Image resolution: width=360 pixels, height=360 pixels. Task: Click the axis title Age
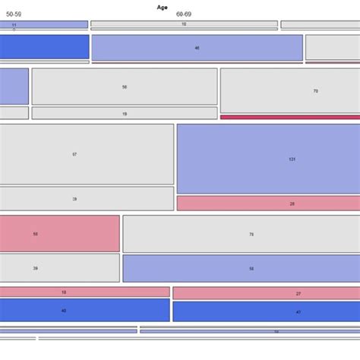pos(163,7)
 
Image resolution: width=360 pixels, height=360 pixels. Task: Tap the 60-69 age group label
pos(185,14)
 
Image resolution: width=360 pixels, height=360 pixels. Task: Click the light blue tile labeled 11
pos(43,25)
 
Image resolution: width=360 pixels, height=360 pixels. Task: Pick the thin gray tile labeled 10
pos(184,24)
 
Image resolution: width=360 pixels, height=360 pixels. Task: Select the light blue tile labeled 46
pos(197,48)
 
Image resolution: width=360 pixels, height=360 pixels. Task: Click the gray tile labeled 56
pos(125,87)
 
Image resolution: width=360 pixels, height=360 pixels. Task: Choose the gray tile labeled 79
pos(290,90)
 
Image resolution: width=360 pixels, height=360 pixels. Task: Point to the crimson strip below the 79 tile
pos(290,117)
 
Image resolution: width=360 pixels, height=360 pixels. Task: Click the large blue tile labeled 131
pos(268,159)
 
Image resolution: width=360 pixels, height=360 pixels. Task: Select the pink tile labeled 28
pos(268,204)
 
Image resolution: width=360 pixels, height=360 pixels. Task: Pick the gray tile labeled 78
pos(241,234)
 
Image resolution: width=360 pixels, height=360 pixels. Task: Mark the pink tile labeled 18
pos(84,292)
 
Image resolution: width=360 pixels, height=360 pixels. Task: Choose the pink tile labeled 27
pos(266,293)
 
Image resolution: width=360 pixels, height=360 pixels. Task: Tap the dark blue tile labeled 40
pos(84,310)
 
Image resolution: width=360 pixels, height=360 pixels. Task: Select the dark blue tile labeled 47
pos(266,311)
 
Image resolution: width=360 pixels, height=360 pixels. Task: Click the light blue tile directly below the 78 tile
pos(241,268)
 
